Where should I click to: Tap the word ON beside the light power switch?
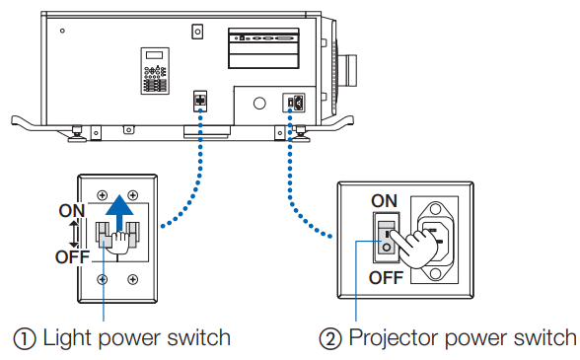[x=72, y=211]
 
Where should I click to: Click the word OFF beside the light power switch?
[x=73, y=256]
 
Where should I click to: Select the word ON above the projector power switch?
[x=385, y=201]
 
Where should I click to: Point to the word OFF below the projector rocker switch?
[x=386, y=277]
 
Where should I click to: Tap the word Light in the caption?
[x=68, y=338]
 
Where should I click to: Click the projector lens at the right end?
[x=347, y=70]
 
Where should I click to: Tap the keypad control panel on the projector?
[x=155, y=71]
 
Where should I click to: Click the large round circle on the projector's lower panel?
[x=259, y=103]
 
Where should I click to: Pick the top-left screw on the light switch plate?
[x=103, y=195]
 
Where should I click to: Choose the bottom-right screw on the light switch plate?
[x=133, y=279]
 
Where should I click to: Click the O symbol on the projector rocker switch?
[x=387, y=248]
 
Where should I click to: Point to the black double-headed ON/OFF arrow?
[x=74, y=234]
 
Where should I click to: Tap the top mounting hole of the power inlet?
[x=435, y=210]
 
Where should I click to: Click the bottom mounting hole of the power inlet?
[x=435, y=273]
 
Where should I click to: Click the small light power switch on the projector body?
[x=200, y=101]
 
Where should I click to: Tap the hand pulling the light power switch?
[x=118, y=243]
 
